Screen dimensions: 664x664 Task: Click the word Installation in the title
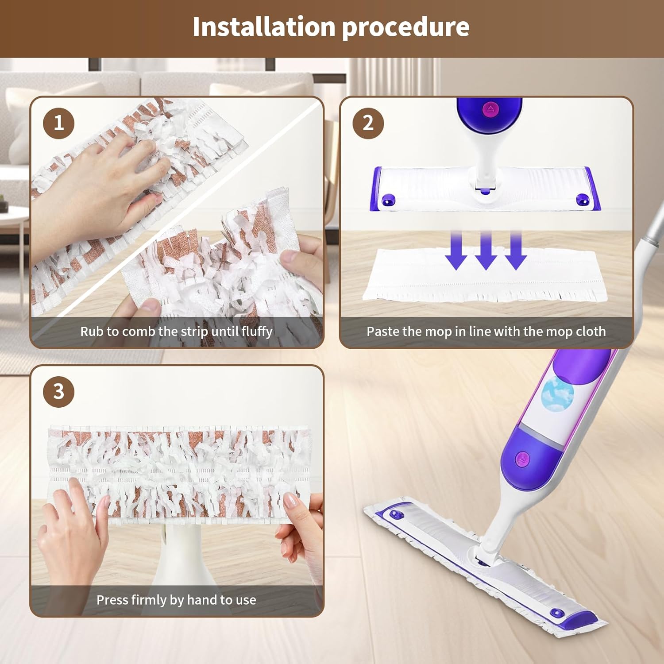click(264, 27)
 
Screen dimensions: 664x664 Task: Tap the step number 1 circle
click(58, 123)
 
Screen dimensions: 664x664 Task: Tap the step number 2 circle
click(368, 123)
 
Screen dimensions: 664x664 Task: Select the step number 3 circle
click(58, 392)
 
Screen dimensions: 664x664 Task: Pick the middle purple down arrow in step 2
click(486, 250)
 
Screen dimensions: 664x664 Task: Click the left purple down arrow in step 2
click(456, 250)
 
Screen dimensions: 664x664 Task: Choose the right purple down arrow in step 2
click(515, 250)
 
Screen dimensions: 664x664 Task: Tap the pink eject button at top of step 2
click(490, 109)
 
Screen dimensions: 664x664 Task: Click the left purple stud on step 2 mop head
click(389, 200)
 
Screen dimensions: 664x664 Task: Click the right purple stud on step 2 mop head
click(582, 200)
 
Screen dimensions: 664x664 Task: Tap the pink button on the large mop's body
click(523, 459)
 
